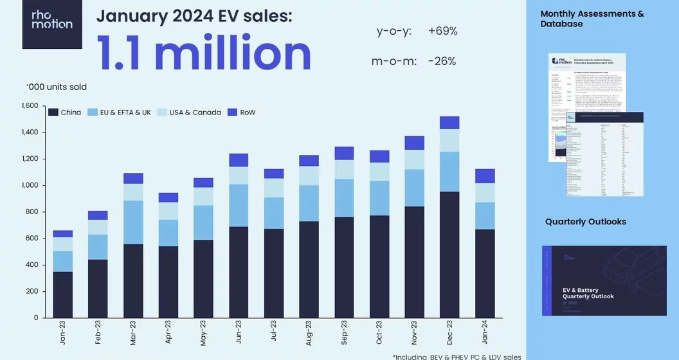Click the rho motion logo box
(x=52, y=24)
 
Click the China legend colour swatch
(x=53, y=113)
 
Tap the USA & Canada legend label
(x=195, y=113)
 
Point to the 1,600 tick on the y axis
(x=30, y=106)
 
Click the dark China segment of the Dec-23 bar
(x=449, y=255)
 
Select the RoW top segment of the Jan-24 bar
(x=484, y=176)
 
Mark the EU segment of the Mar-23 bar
(x=133, y=222)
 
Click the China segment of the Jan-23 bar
(x=62, y=294)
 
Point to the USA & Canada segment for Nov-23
(x=414, y=159)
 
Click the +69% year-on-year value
(x=442, y=31)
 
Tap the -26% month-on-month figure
(x=442, y=61)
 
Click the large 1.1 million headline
(x=204, y=53)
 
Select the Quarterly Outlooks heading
(x=586, y=222)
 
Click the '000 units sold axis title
(x=57, y=87)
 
